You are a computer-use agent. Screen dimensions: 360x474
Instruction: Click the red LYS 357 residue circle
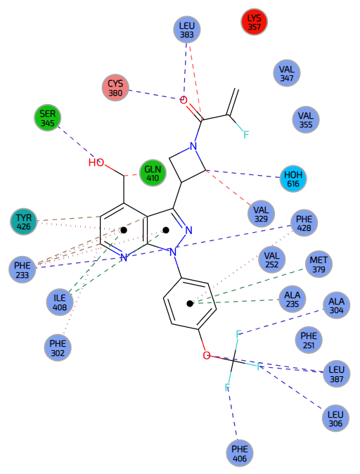pyautogui.click(x=255, y=22)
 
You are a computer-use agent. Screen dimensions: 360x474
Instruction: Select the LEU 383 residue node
pyautogui.click(x=187, y=30)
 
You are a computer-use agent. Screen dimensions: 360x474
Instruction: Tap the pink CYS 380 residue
pyautogui.click(x=115, y=88)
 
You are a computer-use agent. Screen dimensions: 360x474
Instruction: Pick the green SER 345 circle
pyautogui.click(x=47, y=118)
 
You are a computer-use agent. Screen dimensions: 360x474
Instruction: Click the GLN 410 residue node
pyautogui.click(x=153, y=173)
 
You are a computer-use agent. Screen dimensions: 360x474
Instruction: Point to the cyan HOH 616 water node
pyautogui.click(x=293, y=179)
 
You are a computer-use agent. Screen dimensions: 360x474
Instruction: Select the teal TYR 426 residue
pyautogui.click(x=24, y=222)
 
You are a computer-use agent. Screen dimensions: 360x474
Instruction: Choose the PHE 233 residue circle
pyautogui.click(x=22, y=270)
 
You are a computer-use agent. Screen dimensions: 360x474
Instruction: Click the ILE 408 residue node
pyautogui.click(x=60, y=302)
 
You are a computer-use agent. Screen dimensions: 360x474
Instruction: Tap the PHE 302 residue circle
pyautogui.click(x=58, y=348)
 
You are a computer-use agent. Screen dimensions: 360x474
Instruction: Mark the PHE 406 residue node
pyautogui.click(x=240, y=454)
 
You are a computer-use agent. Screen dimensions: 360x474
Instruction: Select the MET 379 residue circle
pyautogui.click(x=319, y=264)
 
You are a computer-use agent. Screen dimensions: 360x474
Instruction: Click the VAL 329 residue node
pyautogui.click(x=261, y=214)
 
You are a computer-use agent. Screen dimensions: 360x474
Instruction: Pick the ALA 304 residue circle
pyautogui.click(x=336, y=305)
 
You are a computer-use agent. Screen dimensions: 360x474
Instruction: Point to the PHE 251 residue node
pyautogui.click(x=309, y=340)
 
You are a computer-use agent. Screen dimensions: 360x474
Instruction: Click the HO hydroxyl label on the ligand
pyautogui.click(x=96, y=162)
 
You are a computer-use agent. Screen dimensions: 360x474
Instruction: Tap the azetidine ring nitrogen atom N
pyautogui.click(x=193, y=146)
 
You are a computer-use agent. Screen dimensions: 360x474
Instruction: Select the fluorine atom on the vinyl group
pyautogui.click(x=246, y=134)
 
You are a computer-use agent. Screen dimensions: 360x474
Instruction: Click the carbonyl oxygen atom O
pyautogui.click(x=184, y=100)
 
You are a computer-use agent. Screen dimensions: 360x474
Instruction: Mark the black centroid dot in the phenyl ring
pyautogui.click(x=190, y=304)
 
